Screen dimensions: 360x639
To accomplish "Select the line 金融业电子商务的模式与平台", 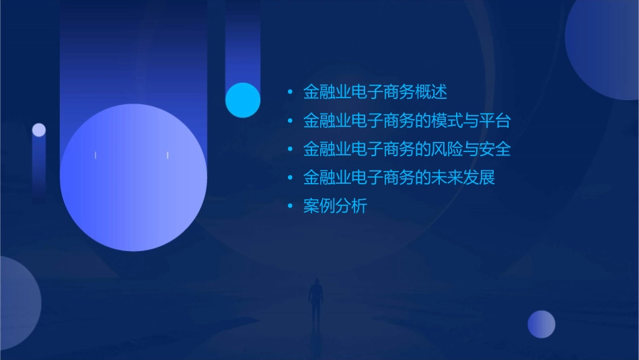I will (x=407, y=120).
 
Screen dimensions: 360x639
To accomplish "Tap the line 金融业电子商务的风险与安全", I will (x=407, y=149).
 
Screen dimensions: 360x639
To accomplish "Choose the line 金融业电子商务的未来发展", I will (x=399, y=178).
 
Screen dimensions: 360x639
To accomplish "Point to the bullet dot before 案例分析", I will (x=290, y=207).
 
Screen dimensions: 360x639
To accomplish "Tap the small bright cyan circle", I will (x=243, y=100).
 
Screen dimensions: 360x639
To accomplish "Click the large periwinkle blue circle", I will (x=133, y=178).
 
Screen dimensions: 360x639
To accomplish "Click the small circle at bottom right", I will (x=541, y=324).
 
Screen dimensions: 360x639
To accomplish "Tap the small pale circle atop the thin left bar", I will (x=39, y=130).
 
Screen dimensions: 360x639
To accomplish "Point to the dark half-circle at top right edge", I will (x=605, y=47).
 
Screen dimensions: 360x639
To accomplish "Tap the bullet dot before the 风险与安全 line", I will (x=290, y=149).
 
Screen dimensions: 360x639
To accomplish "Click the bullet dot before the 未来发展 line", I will (x=290, y=178).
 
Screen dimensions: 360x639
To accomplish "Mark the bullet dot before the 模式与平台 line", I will (x=290, y=120).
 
